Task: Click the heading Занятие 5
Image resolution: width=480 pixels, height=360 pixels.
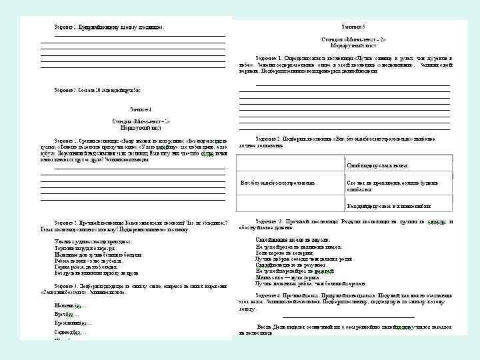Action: point(353,26)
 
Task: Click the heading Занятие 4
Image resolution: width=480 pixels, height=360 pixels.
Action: point(141,109)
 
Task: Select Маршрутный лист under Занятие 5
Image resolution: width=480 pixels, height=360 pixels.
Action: point(353,45)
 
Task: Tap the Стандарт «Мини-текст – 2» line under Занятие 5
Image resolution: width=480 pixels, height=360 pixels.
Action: point(353,39)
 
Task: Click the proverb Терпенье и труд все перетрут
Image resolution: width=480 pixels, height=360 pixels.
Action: point(87,247)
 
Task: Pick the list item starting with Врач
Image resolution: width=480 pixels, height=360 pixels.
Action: point(66,313)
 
